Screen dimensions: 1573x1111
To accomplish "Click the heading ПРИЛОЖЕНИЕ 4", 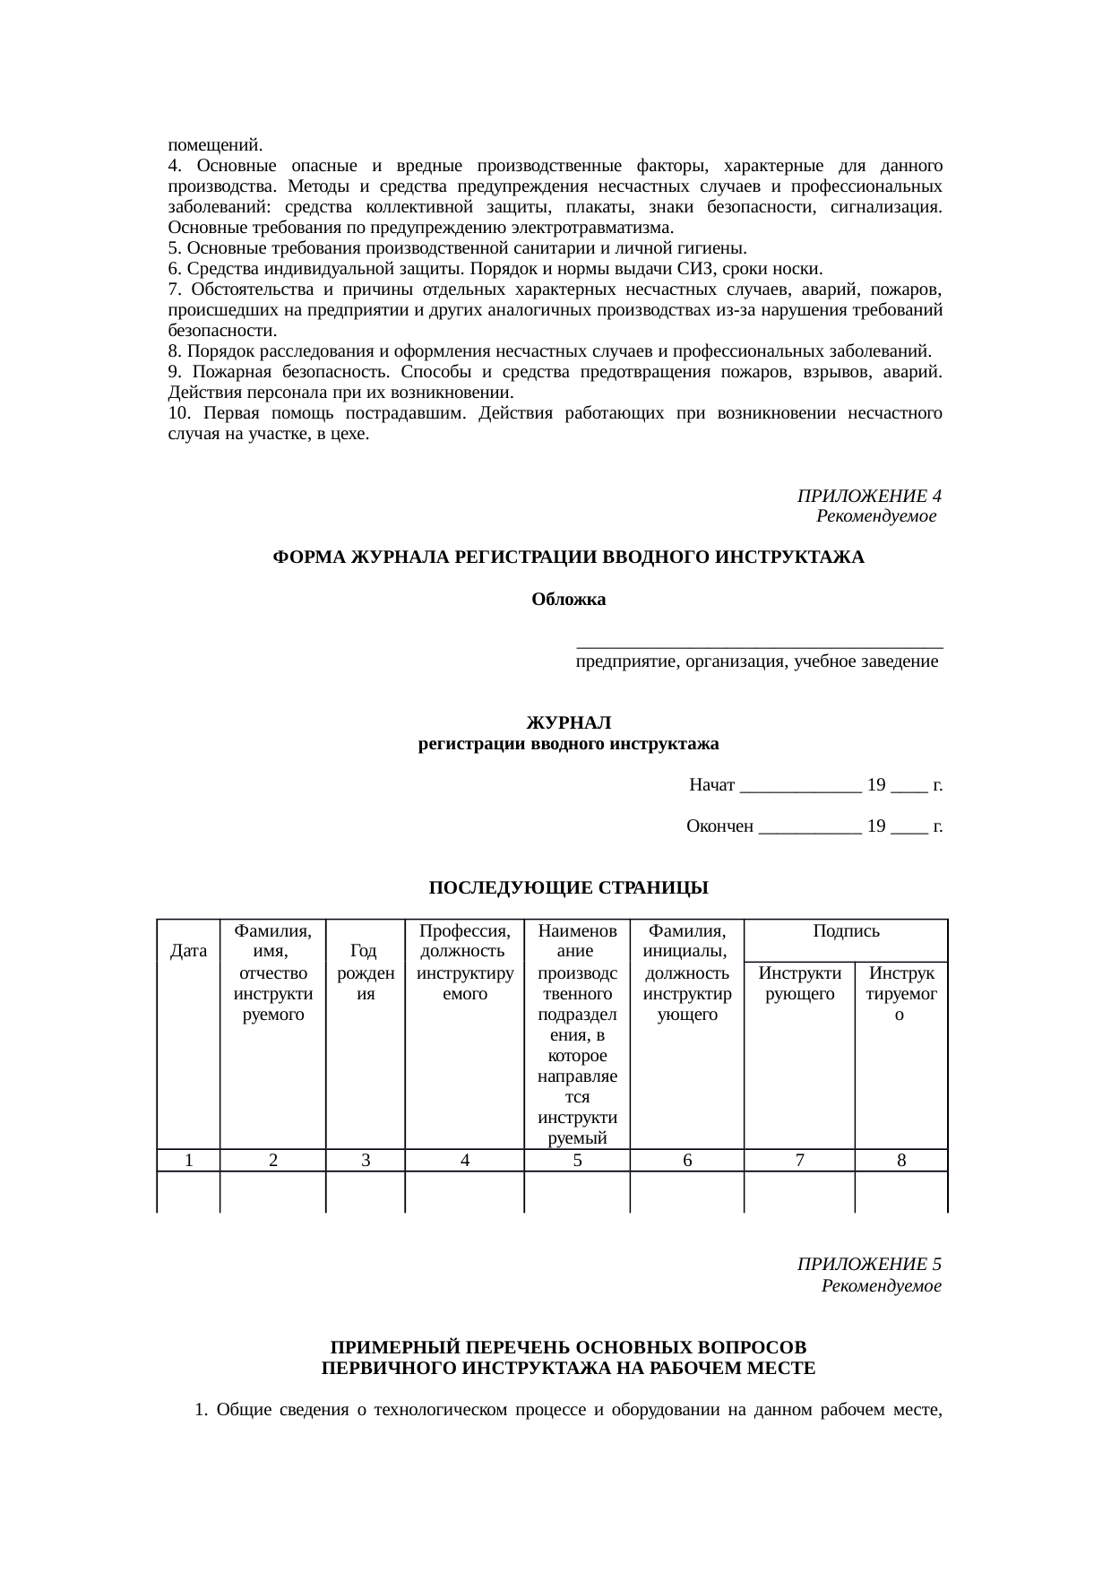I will (x=868, y=496).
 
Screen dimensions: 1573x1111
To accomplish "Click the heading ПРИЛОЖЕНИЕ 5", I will (x=868, y=1265).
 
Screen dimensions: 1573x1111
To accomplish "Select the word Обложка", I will (x=568, y=600).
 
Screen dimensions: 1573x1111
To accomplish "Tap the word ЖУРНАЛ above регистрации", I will (x=568, y=722).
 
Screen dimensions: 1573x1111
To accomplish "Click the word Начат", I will (x=712, y=786).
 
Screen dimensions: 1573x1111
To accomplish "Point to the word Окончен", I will (x=719, y=826).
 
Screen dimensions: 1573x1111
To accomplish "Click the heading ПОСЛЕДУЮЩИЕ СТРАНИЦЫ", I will (x=568, y=888).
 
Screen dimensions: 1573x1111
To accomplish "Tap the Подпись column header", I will (x=845, y=931).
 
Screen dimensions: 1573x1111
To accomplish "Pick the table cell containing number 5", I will (x=577, y=1161).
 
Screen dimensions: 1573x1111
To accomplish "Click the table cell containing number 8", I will (x=901, y=1161).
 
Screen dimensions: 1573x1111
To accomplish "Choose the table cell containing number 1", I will (x=189, y=1161).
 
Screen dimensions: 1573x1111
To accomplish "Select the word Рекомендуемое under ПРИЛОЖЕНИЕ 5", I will (x=880, y=1286).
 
